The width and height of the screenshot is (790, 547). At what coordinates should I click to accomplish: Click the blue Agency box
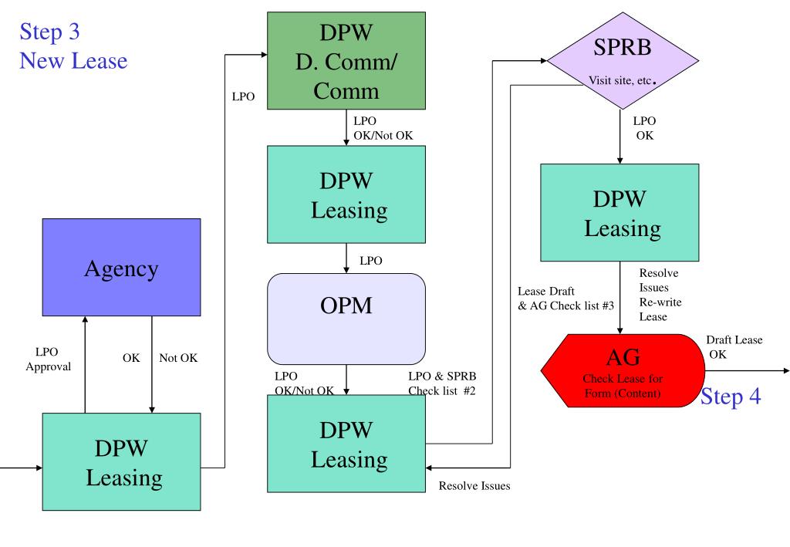[x=121, y=268]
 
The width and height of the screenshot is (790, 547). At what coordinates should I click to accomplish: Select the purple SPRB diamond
[x=623, y=60]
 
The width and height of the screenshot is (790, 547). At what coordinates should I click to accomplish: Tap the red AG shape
[x=623, y=371]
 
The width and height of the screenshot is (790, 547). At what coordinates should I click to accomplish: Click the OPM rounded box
[x=346, y=319]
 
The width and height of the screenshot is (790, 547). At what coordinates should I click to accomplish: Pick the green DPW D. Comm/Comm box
[x=346, y=60]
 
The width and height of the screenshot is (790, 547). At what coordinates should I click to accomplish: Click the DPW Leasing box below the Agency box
[x=121, y=462]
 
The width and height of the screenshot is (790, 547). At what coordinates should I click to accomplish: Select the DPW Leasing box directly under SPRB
[x=620, y=213]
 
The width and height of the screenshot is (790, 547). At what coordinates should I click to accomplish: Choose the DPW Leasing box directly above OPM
[x=346, y=194]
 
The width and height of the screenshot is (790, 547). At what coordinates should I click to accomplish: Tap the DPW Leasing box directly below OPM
[x=346, y=444]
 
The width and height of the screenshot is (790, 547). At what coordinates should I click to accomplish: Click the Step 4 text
[x=731, y=397]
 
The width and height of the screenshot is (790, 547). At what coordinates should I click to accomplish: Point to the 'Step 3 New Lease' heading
[x=73, y=46]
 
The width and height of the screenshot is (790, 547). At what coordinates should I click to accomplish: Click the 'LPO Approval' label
[x=48, y=359]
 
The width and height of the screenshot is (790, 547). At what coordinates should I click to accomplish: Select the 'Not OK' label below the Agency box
[x=178, y=358]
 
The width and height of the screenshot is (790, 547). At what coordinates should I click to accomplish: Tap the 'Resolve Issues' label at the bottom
[x=474, y=486]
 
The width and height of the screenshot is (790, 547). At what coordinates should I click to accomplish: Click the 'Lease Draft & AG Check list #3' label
[x=565, y=299]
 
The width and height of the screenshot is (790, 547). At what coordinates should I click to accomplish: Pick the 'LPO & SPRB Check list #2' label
[x=442, y=383]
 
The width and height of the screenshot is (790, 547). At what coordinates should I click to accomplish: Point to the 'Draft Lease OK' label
[x=734, y=347]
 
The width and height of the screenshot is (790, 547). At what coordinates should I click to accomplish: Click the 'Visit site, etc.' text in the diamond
[x=623, y=80]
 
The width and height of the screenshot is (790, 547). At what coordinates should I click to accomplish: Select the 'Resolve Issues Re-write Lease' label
[x=660, y=295]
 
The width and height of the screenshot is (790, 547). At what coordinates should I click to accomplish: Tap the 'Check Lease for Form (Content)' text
[x=623, y=386]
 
